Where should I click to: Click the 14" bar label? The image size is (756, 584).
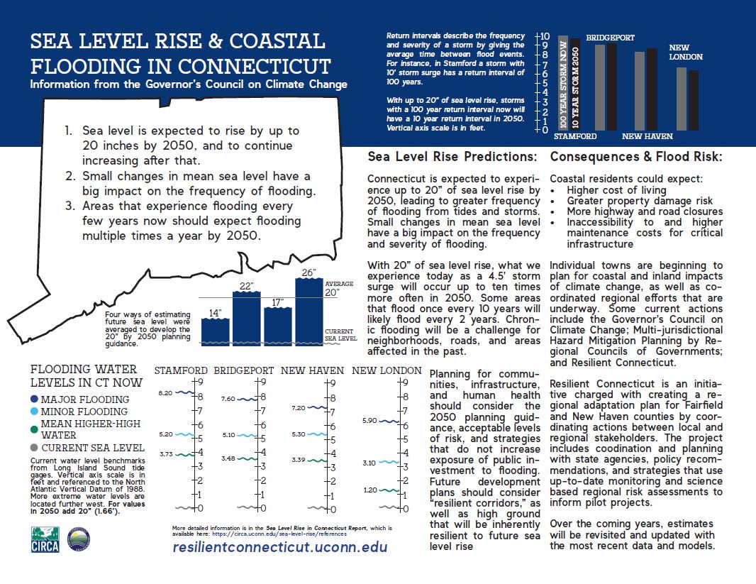[x=215, y=313]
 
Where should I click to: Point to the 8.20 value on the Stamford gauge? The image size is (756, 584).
[x=165, y=392]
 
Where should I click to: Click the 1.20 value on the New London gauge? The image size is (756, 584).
[x=369, y=490]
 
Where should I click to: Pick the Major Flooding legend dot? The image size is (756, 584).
[x=35, y=400]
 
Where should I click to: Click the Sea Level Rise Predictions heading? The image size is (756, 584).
[x=452, y=156]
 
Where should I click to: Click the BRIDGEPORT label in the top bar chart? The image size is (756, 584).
[x=610, y=38]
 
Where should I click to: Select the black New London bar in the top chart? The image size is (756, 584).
[x=693, y=101]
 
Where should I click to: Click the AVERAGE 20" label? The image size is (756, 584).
[x=338, y=289]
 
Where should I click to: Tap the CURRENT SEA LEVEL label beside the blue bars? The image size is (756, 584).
[x=340, y=335]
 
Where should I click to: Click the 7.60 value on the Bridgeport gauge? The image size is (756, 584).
[x=229, y=399]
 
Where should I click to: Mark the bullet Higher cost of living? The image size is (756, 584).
[x=616, y=190]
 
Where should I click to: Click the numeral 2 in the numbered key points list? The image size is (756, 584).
[x=70, y=176]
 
